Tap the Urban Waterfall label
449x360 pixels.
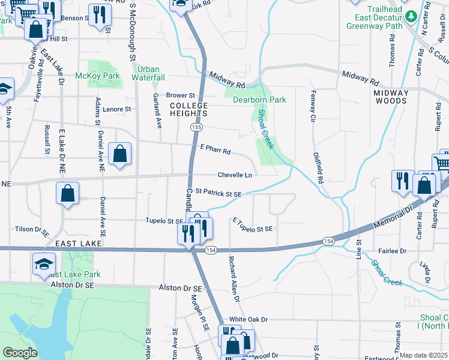pos(149,73)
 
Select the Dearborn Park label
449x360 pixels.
pos(259,100)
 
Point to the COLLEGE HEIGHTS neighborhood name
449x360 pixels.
pos(188,109)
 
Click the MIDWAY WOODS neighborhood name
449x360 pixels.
pos(391,97)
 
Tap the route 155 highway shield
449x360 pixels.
pos(196,127)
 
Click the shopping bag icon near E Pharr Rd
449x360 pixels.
pos(121,154)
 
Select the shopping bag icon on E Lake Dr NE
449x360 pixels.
pos(68,194)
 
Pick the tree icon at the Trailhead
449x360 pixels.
pos(411,16)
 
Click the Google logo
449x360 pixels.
pos(20,353)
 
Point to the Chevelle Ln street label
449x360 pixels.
pos(234,175)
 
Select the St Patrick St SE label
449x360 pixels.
pos(219,194)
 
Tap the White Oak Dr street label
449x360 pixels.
pos(248,320)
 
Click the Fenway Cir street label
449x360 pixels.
pos(313,106)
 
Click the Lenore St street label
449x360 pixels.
pos(116,109)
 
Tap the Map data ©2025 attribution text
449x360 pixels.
pos(424,355)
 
